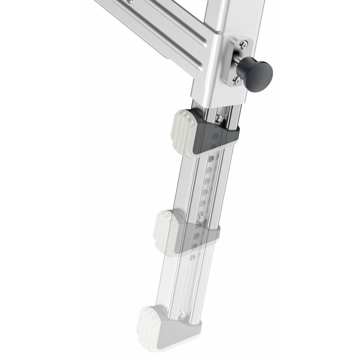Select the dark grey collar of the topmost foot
(216, 135)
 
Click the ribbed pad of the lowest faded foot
(151, 328)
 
